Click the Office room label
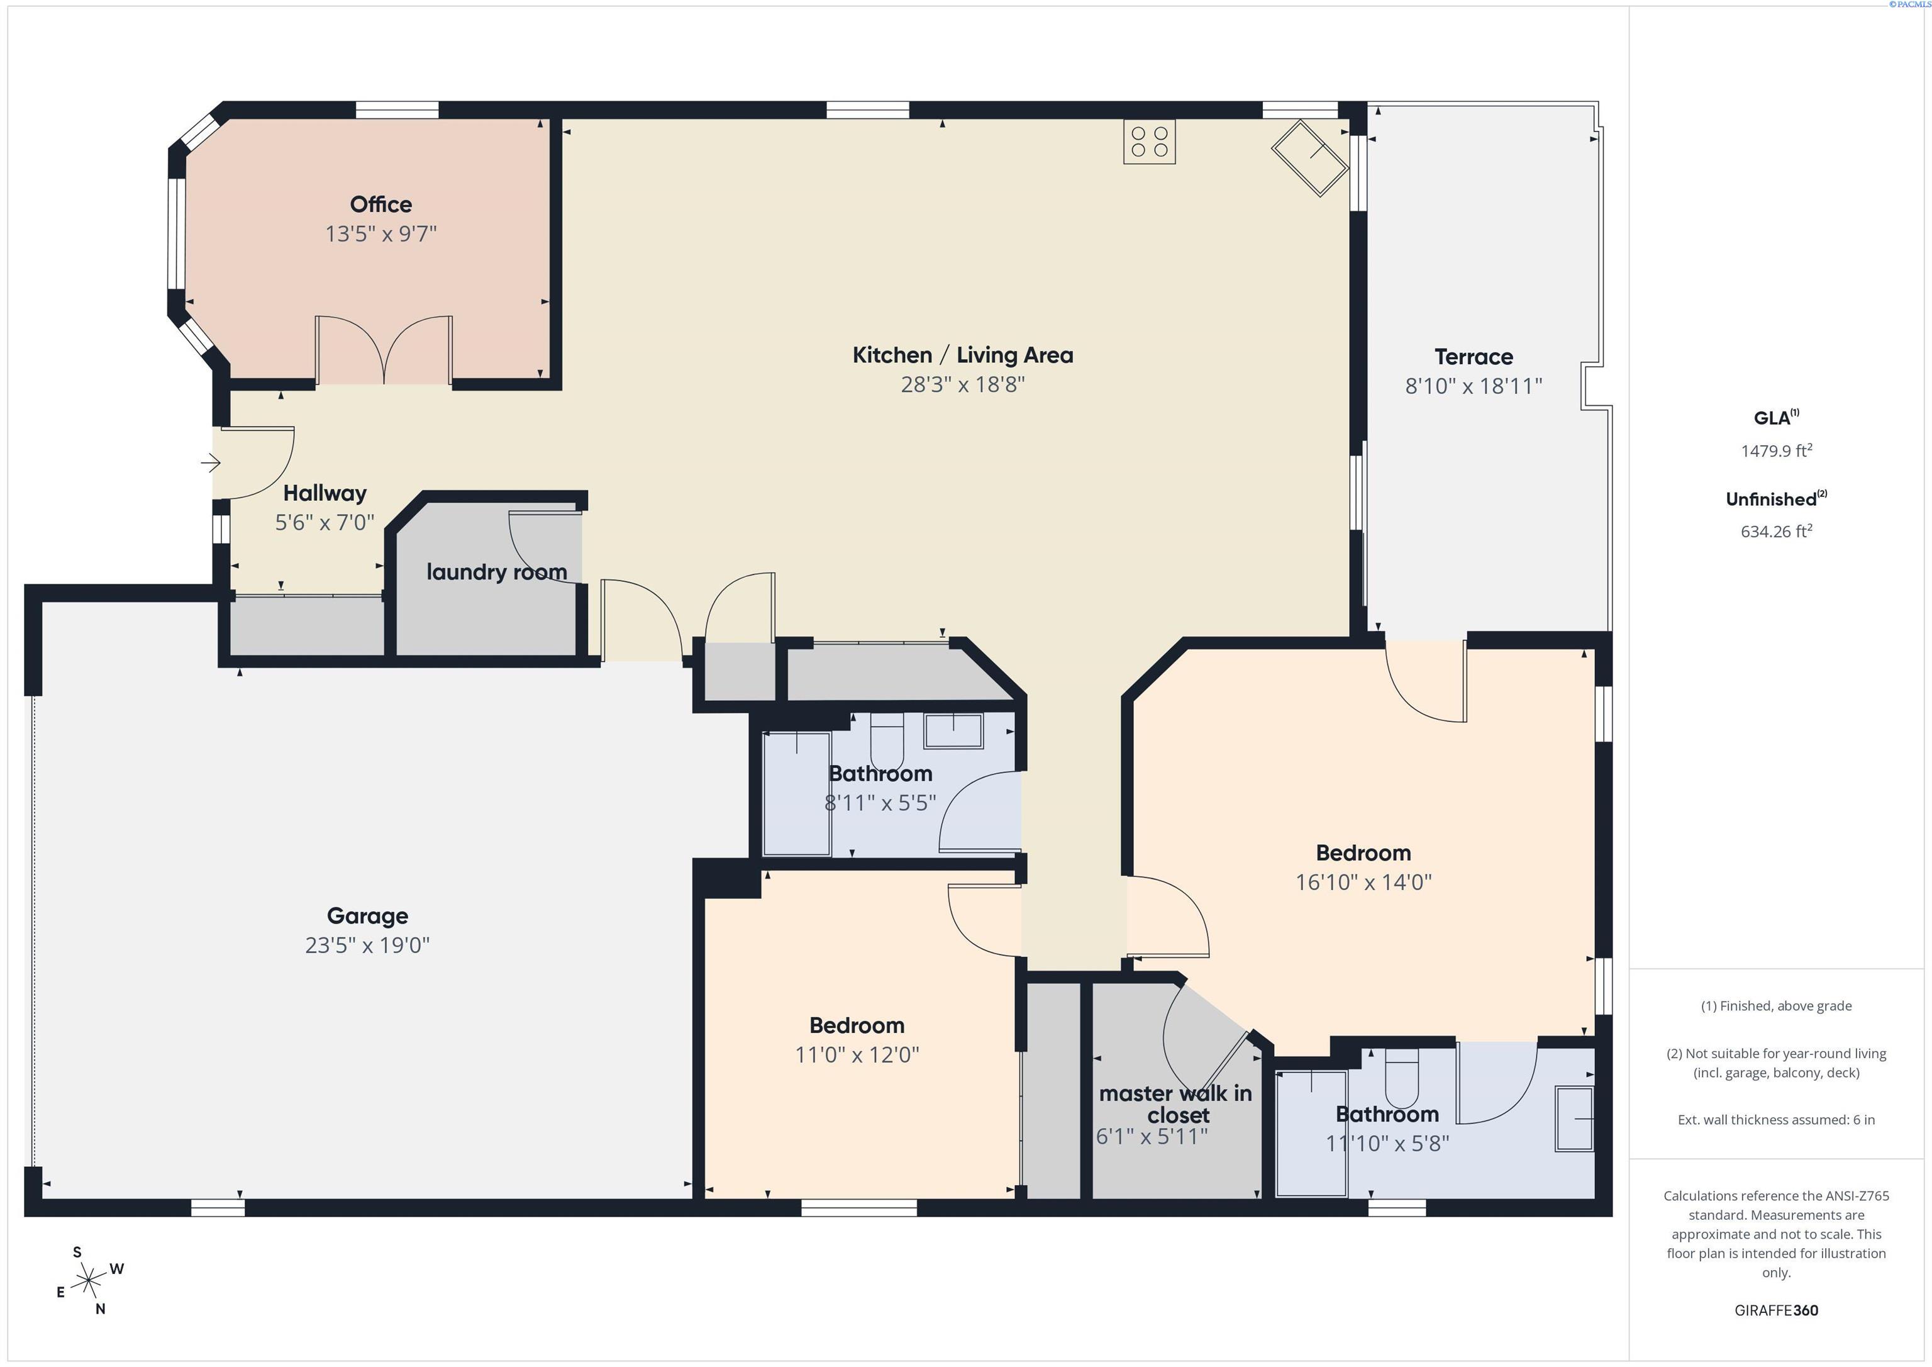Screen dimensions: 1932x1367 (x=380, y=204)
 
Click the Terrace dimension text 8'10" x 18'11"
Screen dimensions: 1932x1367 (x=1474, y=386)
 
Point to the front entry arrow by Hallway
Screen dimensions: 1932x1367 (x=210, y=462)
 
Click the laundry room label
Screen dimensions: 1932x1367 (x=496, y=572)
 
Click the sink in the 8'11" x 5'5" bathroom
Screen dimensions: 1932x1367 (x=953, y=730)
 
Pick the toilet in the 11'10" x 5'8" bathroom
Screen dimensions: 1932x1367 (x=1402, y=1078)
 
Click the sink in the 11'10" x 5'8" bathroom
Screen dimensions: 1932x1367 (x=1574, y=1119)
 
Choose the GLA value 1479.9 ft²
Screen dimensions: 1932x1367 (x=1776, y=450)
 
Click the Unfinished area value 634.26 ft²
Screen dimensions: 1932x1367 (x=1776, y=531)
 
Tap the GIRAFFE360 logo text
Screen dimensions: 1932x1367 (x=1776, y=1310)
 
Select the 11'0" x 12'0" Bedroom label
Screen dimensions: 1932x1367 (x=857, y=1026)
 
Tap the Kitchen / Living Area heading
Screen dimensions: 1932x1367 (x=963, y=355)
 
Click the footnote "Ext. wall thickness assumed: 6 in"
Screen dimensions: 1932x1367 (x=1776, y=1120)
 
